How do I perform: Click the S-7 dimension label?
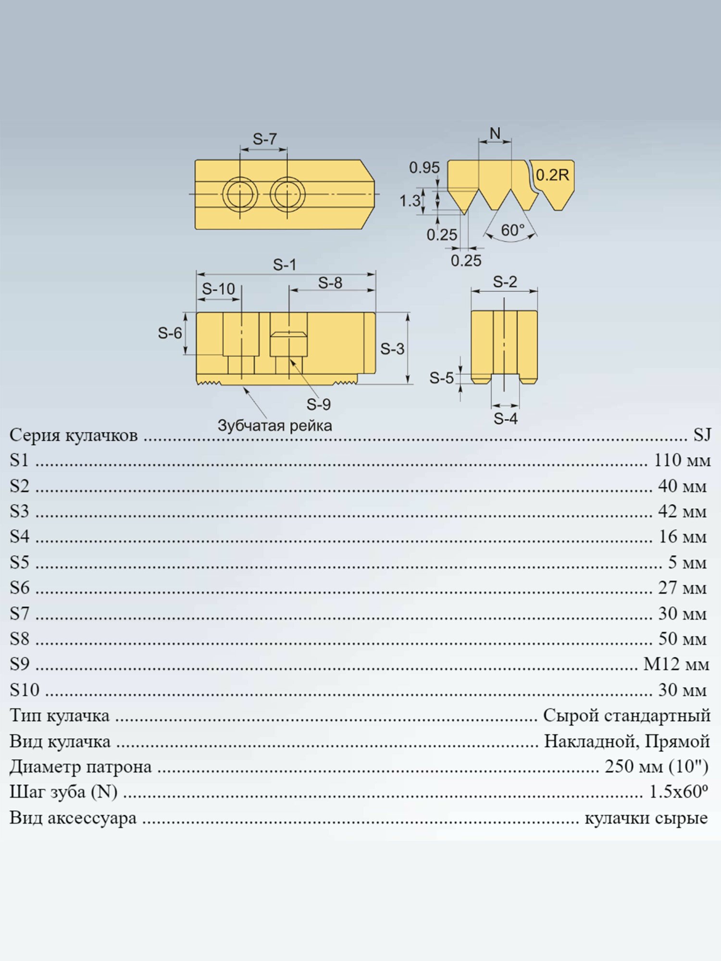point(265,139)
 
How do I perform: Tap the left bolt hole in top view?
point(240,194)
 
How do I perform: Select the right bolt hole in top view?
point(287,194)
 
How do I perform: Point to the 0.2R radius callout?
point(552,175)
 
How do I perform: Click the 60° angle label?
point(512,230)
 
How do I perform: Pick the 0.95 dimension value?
point(424,168)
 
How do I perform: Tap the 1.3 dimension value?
point(410,200)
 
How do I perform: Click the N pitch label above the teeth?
point(495,133)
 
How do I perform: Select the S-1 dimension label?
point(285,265)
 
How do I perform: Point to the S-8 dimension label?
point(330,283)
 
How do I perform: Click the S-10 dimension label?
point(218,289)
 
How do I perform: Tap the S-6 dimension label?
point(170,333)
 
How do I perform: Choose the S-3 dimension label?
point(392,349)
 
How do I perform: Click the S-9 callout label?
point(319,405)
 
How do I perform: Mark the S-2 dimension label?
point(505,282)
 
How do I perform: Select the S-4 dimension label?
point(506,419)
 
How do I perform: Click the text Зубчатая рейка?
point(275,426)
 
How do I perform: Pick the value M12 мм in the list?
point(677,665)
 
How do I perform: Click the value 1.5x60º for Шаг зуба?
point(679,791)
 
